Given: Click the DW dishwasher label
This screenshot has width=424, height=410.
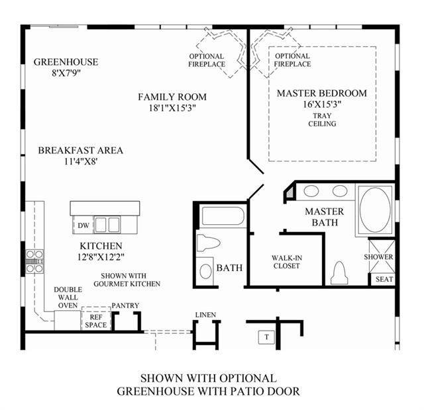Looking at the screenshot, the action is pos(83,225).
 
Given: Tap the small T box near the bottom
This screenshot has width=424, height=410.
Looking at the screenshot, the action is pos(266,337).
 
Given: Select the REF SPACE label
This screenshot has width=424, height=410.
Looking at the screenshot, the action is pos(95,321).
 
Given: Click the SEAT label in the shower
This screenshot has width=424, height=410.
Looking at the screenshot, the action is pos(384,279).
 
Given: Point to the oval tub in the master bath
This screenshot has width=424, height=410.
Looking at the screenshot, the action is pos(375,210).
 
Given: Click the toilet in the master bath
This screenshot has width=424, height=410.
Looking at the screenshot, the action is pos(339,272).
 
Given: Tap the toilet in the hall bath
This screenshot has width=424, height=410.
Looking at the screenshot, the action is pos(207,243).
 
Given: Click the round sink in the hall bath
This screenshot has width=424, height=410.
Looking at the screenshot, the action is pos(205,271).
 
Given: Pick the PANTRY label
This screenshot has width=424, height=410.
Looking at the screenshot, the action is pos(125,306).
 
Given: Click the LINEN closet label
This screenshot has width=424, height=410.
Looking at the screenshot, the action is pos(205,315).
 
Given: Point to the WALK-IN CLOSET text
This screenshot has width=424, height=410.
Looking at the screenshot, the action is pos(287,262).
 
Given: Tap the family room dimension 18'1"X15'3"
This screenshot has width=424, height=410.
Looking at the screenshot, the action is pos(172,108).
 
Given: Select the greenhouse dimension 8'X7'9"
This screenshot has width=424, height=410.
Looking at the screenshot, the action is pos(66,73).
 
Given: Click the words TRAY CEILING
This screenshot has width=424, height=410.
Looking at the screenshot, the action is pos(322,120).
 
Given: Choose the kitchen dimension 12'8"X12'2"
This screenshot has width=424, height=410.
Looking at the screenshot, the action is pos(101,257).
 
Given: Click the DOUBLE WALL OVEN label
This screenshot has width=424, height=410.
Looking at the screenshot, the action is pos(68,298).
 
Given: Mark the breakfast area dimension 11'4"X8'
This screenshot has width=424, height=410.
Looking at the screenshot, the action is pos(81,161).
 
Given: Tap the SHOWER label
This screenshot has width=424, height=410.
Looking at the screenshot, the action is pos(378,257).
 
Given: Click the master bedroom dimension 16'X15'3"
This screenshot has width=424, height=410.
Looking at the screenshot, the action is pos(322,104).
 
